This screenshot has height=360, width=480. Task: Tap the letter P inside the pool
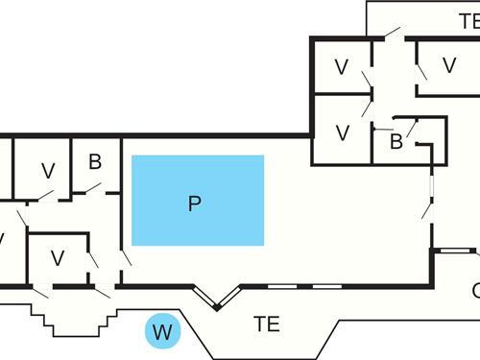point(195,204)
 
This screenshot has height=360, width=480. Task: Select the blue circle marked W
point(162,333)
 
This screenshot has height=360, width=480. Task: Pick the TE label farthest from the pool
point(469,20)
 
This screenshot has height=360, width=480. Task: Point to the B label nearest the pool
point(95,161)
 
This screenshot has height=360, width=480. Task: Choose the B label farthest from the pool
point(395,142)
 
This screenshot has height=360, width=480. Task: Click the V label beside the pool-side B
point(48,171)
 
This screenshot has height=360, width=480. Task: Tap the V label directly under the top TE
point(448,65)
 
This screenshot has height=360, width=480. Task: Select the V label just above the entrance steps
point(58,257)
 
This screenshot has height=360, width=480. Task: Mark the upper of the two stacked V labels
point(341,67)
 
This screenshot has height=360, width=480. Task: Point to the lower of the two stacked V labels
point(341,132)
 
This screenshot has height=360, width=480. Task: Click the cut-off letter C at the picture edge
point(475,290)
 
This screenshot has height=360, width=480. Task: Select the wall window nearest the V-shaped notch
point(281,286)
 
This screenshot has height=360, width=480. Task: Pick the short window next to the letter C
point(451,252)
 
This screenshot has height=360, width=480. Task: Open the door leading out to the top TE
point(391,35)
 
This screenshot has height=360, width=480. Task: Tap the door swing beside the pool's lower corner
point(125,257)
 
